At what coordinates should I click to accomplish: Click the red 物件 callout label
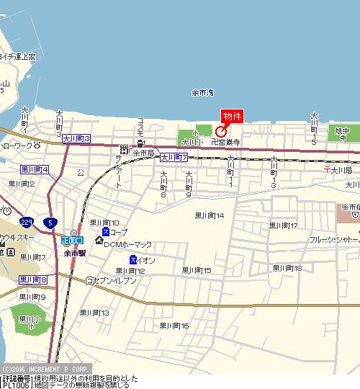pyautogui.click(x=232, y=116)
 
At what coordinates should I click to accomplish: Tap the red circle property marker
pyautogui.click(x=220, y=132)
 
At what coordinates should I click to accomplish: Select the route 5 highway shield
pyautogui.click(x=48, y=223)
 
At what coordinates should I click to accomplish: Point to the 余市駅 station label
pyautogui.click(x=75, y=254)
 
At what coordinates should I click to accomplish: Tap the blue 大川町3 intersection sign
pyautogui.click(x=76, y=138)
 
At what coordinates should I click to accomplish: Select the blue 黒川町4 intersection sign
pyautogui.click(x=34, y=170)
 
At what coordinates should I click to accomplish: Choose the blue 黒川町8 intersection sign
pyautogui.click(x=33, y=280)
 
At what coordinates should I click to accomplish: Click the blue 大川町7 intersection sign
pyautogui.click(x=174, y=156)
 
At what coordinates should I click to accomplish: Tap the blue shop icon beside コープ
pyautogui.click(x=105, y=233)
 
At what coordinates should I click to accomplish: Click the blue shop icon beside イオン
pyautogui.click(x=133, y=259)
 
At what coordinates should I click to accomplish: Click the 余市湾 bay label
pyautogui.click(x=202, y=93)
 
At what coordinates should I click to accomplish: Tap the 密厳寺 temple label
pyautogui.click(x=228, y=143)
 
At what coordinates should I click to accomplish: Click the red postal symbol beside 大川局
pyautogui.click(x=328, y=170)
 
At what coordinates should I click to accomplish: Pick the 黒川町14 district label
pyautogui.click(x=210, y=215)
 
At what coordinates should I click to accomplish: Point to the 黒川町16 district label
pyautogui.click(x=174, y=326)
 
